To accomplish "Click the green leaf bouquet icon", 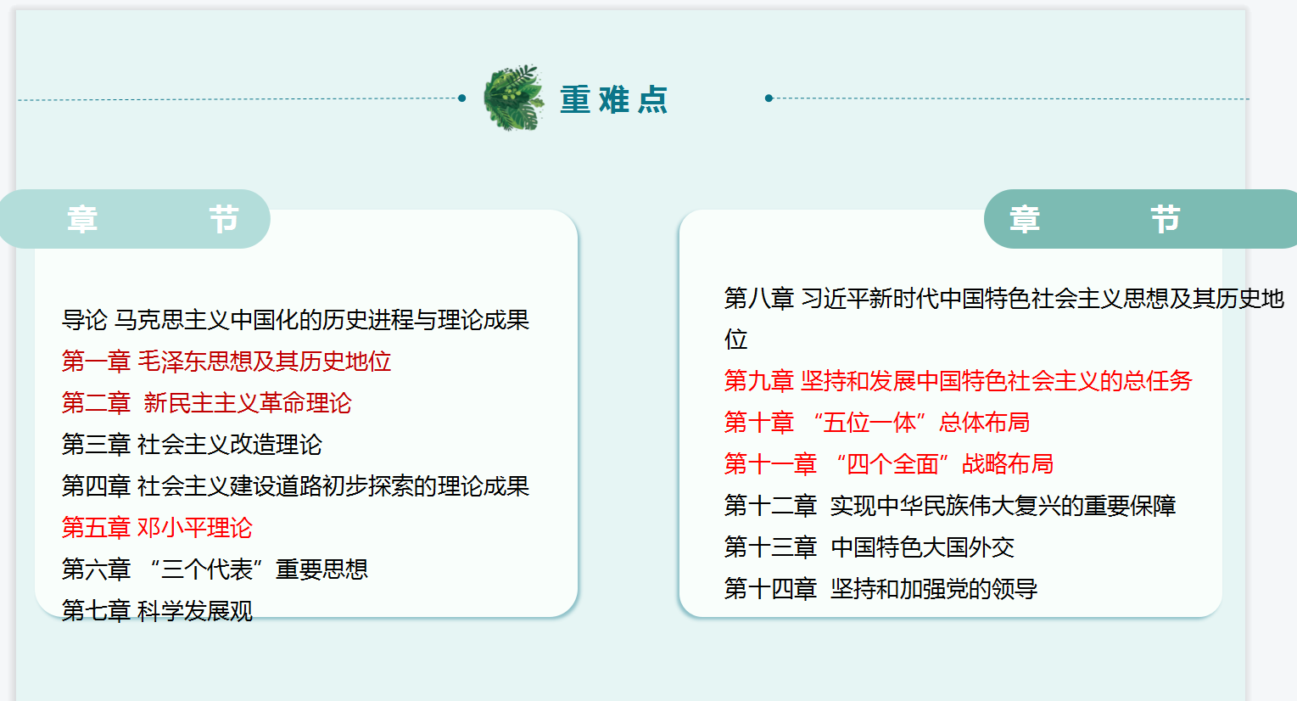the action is click(513, 98).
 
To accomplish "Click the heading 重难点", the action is click(614, 99).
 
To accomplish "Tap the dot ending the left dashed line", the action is click(462, 98).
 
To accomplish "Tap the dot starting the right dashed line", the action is click(769, 98).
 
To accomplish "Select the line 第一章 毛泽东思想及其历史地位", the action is click(226, 362).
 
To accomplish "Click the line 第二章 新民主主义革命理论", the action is click(207, 403).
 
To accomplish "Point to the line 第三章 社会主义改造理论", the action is click(192, 445).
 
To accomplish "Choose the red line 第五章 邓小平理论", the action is click(157, 528).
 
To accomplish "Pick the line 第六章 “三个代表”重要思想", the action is click(215, 569).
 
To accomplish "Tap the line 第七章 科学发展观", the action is click(157, 611).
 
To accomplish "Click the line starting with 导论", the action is click(295, 320).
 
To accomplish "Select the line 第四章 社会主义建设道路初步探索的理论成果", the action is click(295, 486).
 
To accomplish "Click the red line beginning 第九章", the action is click(959, 381).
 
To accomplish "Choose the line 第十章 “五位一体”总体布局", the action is click(877, 423).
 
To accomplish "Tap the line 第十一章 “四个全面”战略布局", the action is click(889, 464).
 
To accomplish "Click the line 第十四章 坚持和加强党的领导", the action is click(881, 590).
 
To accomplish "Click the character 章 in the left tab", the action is click(82, 220).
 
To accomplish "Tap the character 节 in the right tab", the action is click(1166, 220).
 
